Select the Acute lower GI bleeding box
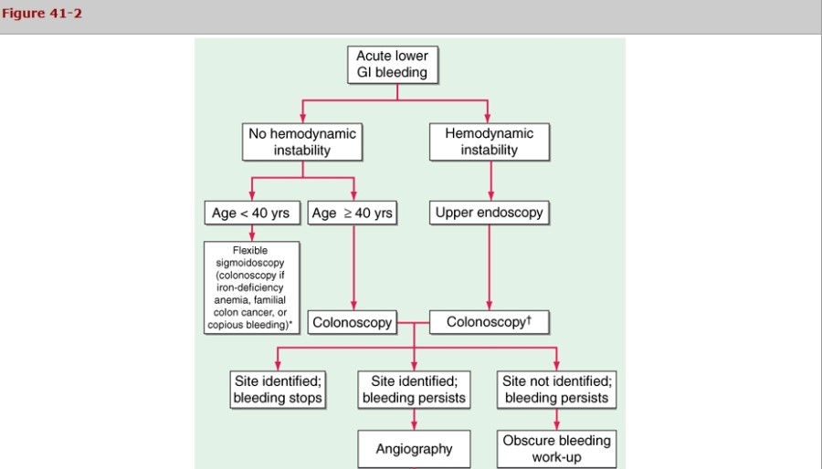pyautogui.click(x=392, y=64)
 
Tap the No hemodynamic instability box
pyautogui.click(x=302, y=141)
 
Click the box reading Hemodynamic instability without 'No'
pyautogui.click(x=490, y=141)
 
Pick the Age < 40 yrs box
pyautogui.click(x=250, y=214)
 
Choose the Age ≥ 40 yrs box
pyautogui.click(x=353, y=214)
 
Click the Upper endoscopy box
pyautogui.click(x=490, y=214)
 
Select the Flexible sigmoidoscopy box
pyautogui.click(x=251, y=287)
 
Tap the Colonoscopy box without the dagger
pyautogui.click(x=353, y=322)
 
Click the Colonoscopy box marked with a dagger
pyautogui.click(x=490, y=322)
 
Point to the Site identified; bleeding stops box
pyautogui.click(x=278, y=389)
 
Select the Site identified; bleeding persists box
pyautogui.click(x=415, y=389)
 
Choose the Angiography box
pyautogui.click(x=415, y=449)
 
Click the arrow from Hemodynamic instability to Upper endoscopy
pyautogui.click(x=490, y=180)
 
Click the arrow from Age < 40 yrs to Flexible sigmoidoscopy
pyautogui.click(x=251, y=234)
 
